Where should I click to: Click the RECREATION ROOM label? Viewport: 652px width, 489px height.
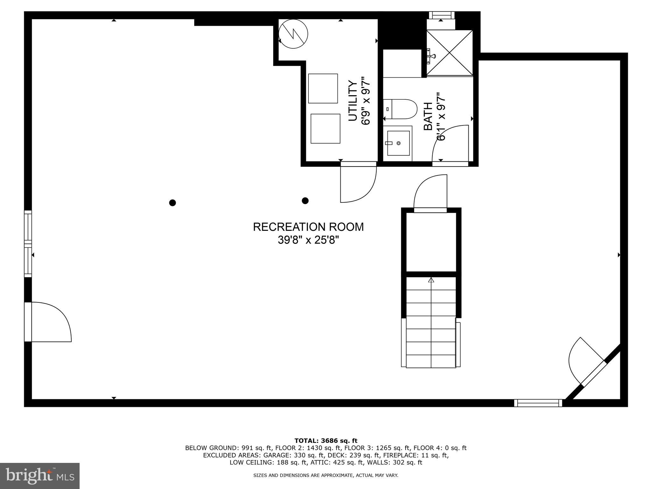click(x=308, y=227)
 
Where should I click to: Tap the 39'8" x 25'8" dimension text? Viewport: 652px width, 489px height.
click(x=308, y=240)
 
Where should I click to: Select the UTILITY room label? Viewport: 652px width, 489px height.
click(x=352, y=101)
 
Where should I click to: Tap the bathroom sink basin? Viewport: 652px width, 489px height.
click(x=398, y=143)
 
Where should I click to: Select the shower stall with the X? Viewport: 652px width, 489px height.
click(x=450, y=53)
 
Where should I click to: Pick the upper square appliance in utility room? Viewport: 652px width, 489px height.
click(x=323, y=89)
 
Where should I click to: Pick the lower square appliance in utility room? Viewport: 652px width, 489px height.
click(x=325, y=129)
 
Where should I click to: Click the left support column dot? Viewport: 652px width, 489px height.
click(x=173, y=203)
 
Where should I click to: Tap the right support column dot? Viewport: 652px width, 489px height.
click(x=305, y=201)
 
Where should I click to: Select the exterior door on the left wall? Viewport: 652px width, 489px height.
click(x=48, y=322)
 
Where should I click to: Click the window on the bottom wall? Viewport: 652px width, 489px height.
click(x=538, y=403)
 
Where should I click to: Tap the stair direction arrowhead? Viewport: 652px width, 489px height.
click(x=431, y=280)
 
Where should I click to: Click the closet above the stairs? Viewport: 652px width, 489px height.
click(x=431, y=242)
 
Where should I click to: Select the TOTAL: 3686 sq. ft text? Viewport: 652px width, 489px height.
click(x=326, y=441)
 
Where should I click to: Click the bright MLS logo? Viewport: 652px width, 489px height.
click(x=40, y=476)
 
